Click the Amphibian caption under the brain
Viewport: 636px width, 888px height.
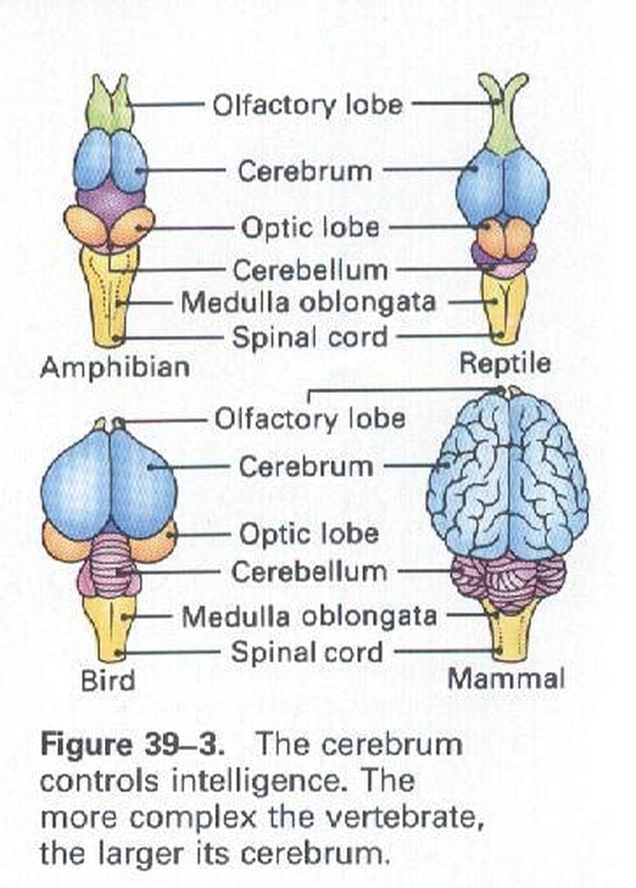[x=115, y=367]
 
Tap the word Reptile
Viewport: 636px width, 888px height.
[x=504, y=362]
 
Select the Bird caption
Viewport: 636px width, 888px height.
[x=107, y=680]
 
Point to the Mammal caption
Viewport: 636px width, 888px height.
[x=506, y=678]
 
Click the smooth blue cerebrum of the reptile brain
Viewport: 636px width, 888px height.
[x=503, y=189]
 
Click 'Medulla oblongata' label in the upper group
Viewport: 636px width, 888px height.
[x=308, y=302]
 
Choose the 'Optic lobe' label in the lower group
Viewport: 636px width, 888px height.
[x=308, y=533]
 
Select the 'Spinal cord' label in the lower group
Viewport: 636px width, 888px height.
[x=308, y=653]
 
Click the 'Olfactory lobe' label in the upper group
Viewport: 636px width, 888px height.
[x=308, y=104]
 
